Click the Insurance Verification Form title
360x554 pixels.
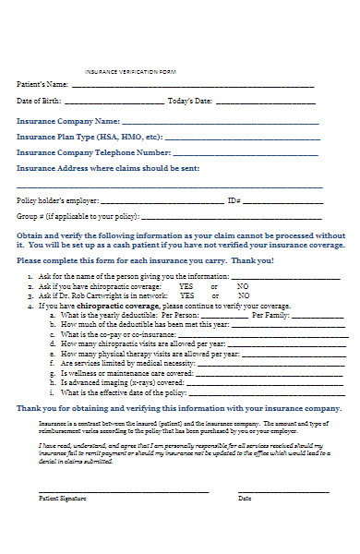130,71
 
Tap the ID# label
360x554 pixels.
234,200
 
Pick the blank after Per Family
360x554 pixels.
318,316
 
